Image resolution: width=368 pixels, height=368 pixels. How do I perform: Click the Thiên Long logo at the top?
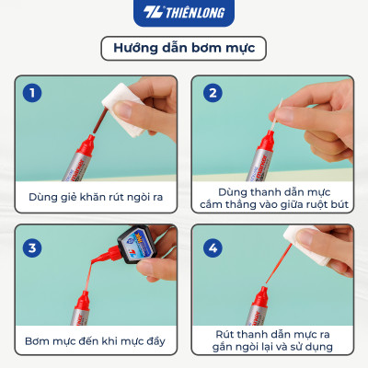pyautogui.click(x=184, y=13)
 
